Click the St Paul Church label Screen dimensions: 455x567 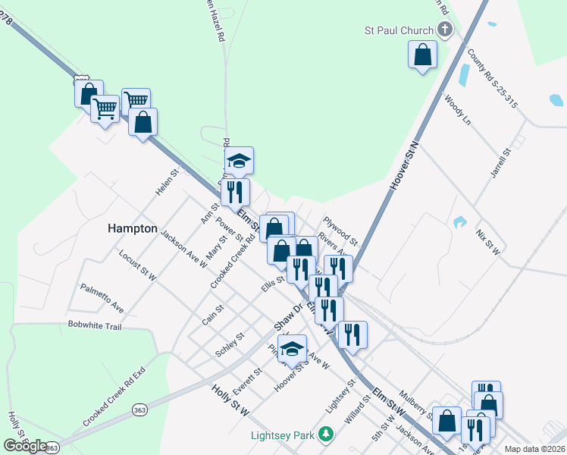399,31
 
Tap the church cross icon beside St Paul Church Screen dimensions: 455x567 445,31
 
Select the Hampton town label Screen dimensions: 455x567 132,228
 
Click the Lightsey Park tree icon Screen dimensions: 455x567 326,435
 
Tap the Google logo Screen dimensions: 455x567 26,445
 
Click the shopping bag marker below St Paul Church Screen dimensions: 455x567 422,55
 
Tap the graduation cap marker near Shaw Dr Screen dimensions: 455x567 292,349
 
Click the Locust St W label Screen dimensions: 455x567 137,265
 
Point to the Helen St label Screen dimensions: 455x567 167,182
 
